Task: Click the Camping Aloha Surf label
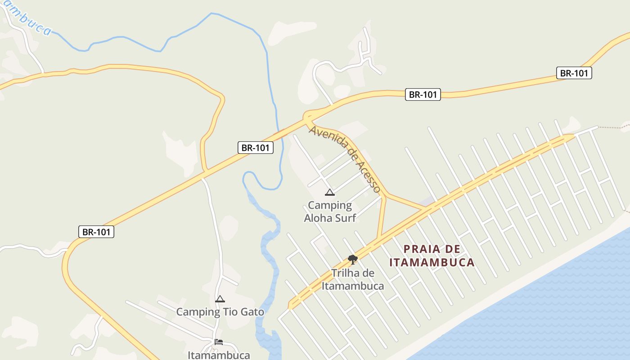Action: [330, 211]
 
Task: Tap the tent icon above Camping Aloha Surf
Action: [330, 193]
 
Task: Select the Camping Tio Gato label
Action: [220, 311]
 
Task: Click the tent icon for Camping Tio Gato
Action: [220, 299]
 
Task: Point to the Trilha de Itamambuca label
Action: [353, 279]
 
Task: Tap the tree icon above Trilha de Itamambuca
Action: [353, 259]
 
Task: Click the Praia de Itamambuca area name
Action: [432, 256]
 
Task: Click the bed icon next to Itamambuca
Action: [219, 342]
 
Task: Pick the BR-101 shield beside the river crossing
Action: [256, 148]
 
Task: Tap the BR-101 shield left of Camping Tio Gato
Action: [96, 232]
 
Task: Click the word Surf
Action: [344, 218]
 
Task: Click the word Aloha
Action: [319, 218]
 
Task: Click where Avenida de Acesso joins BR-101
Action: [308, 118]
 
